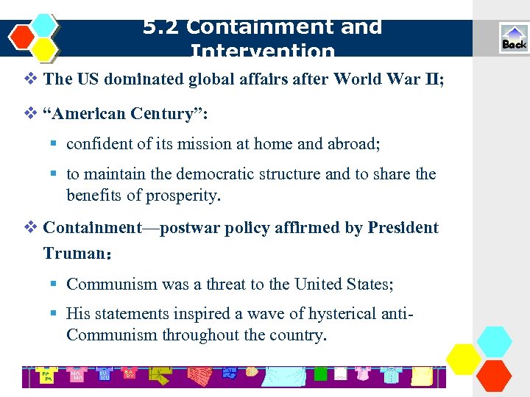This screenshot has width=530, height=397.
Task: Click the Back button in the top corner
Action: (514, 39)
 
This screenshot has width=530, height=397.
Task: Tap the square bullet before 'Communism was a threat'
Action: (54, 284)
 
